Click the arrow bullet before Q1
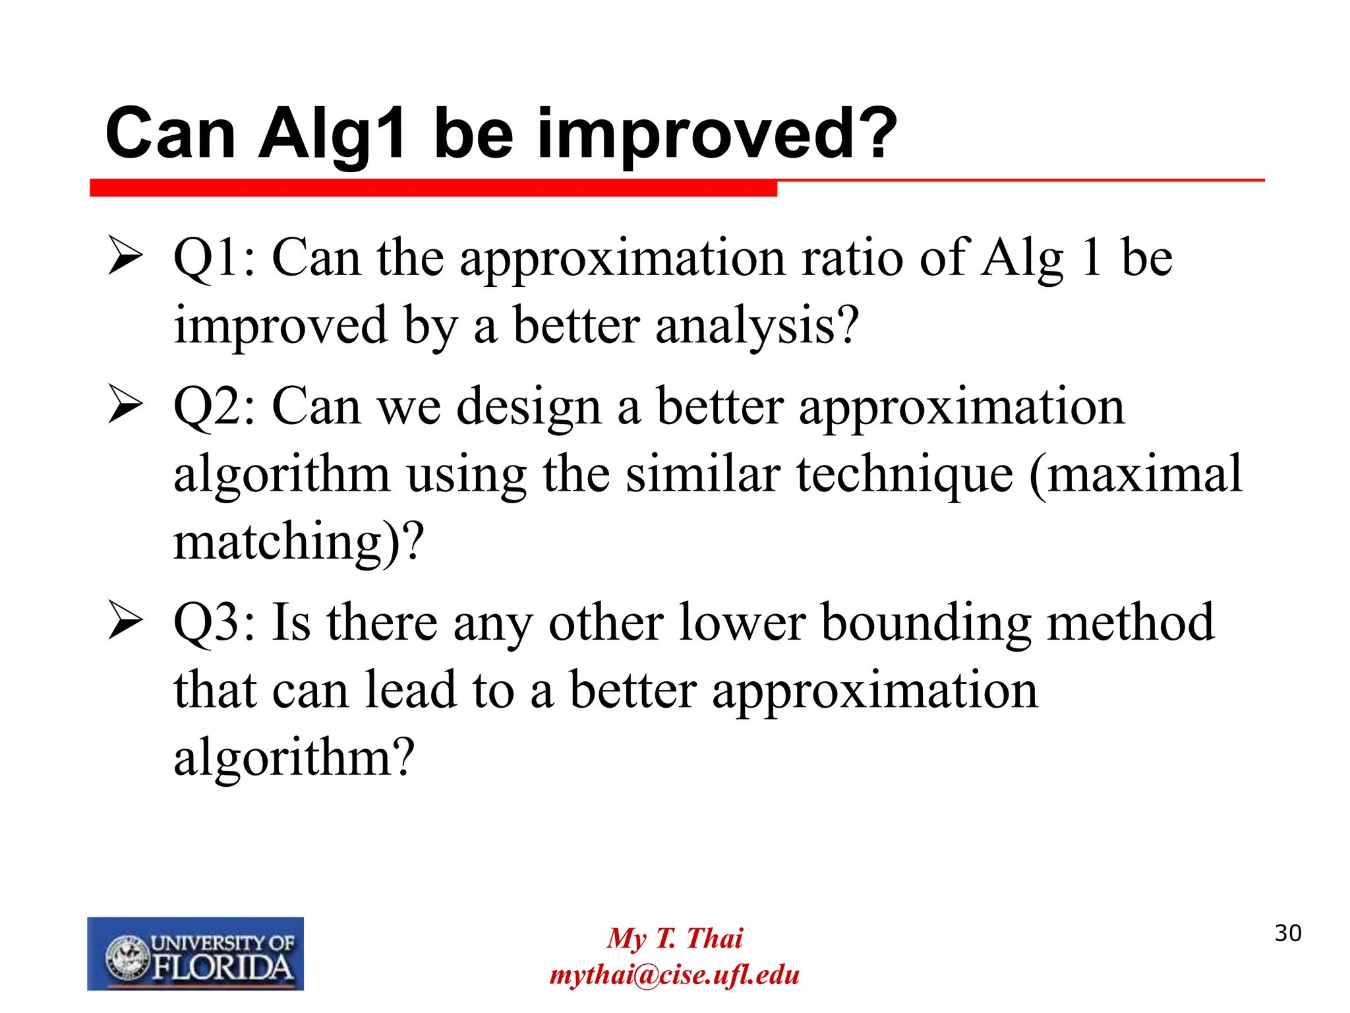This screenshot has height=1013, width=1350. [x=125, y=258]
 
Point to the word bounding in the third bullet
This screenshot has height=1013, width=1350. [x=925, y=623]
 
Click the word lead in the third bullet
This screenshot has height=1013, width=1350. [x=411, y=691]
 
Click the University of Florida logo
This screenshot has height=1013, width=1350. [x=195, y=953]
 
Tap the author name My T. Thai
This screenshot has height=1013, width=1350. [x=674, y=938]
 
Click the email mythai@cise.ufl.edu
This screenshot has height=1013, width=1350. [x=674, y=975]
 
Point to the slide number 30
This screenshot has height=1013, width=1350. [x=1287, y=933]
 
